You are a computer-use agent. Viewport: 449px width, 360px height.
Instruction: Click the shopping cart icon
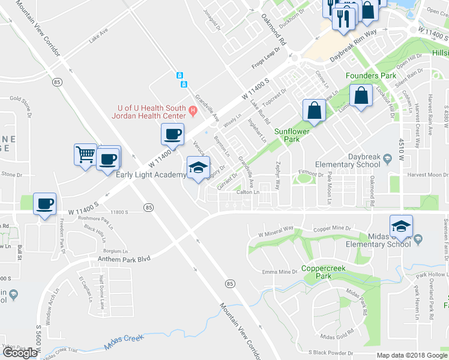pos(85,155)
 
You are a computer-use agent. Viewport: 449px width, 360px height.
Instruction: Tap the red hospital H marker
pos(193,110)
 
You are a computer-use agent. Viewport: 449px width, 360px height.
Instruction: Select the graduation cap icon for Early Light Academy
pos(198,167)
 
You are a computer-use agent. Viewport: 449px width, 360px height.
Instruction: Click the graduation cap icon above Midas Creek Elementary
pos(401,226)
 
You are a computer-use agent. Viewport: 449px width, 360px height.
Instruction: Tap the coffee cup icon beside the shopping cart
pos(109,159)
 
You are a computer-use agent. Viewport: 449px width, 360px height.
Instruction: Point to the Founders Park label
pos(370,76)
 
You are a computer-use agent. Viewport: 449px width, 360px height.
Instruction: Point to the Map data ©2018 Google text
pos(412,355)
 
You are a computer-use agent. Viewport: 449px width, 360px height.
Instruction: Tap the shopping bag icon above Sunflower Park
pos(314,110)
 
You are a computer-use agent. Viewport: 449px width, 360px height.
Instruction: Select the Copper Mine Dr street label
pos(333,229)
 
